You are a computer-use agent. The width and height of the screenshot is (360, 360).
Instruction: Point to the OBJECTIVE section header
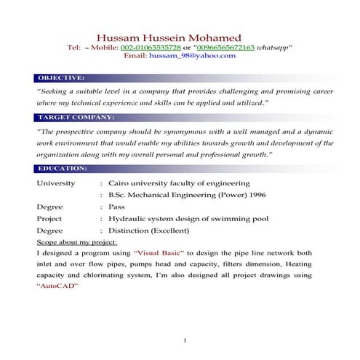point(61,77)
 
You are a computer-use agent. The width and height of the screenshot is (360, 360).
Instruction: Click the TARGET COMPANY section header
point(76,117)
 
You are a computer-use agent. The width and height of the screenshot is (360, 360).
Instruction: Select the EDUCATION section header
point(63,169)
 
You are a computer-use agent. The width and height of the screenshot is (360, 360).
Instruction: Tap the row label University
point(55,183)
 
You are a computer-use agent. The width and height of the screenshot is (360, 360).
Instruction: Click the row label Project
point(49,218)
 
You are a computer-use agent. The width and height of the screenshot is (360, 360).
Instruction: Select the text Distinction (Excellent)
point(149,230)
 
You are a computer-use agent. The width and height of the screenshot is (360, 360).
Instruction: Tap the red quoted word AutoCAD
point(57,287)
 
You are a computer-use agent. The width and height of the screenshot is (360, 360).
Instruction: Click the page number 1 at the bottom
point(185,340)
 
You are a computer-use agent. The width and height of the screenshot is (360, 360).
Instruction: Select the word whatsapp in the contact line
point(273,47)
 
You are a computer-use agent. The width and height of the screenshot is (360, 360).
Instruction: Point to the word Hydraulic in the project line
point(127,218)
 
